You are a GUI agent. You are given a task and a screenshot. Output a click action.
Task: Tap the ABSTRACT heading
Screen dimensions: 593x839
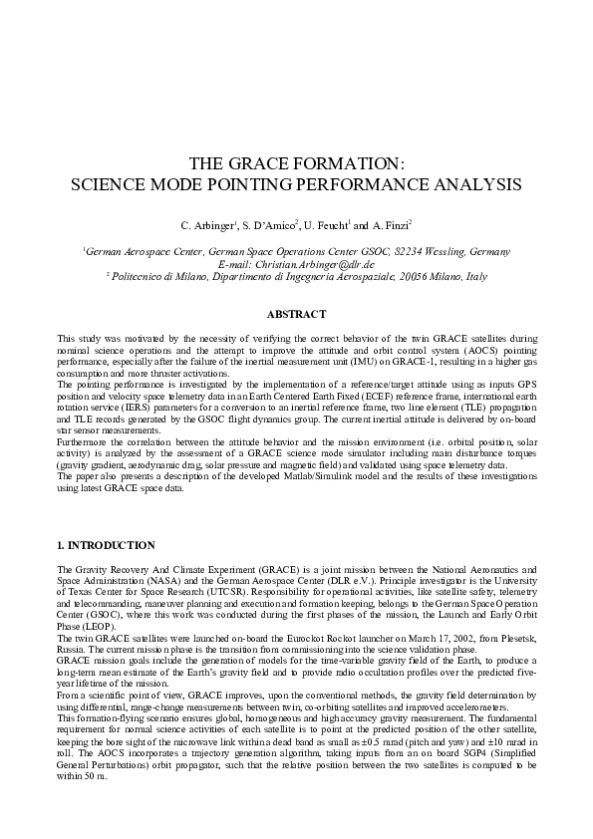pyautogui.click(x=296, y=314)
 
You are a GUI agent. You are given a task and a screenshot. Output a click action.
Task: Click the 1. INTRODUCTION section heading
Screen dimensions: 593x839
pyautogui.click(x=106, y=545)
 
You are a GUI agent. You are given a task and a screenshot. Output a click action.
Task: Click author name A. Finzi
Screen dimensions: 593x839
pyautogui.click(x=389, y=226)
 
